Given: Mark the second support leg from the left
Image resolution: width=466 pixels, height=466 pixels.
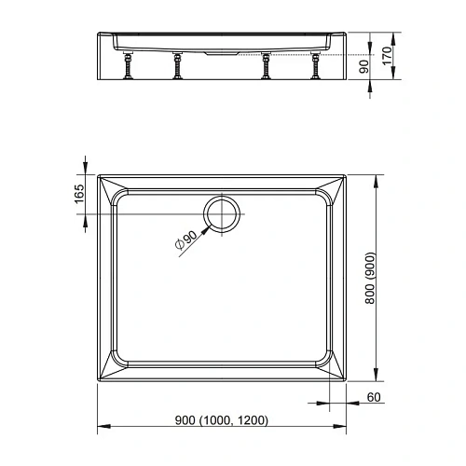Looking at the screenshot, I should pos(174,67).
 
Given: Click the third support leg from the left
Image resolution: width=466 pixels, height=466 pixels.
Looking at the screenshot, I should pos(267,67).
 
